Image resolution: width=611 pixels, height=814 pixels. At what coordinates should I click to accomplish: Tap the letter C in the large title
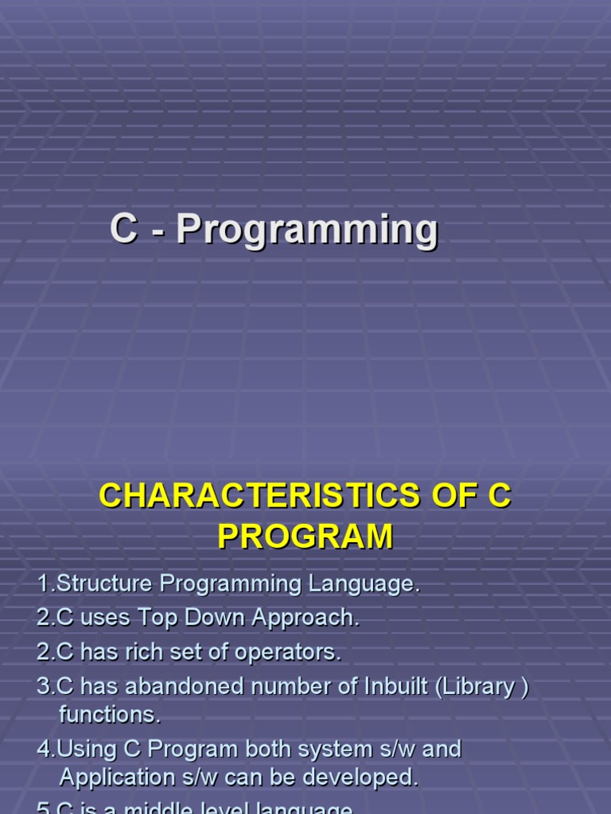(123, 229)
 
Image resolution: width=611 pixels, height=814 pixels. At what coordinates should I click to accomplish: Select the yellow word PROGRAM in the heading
(305, 537)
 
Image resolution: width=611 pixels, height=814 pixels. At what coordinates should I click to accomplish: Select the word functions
(110, 715)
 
